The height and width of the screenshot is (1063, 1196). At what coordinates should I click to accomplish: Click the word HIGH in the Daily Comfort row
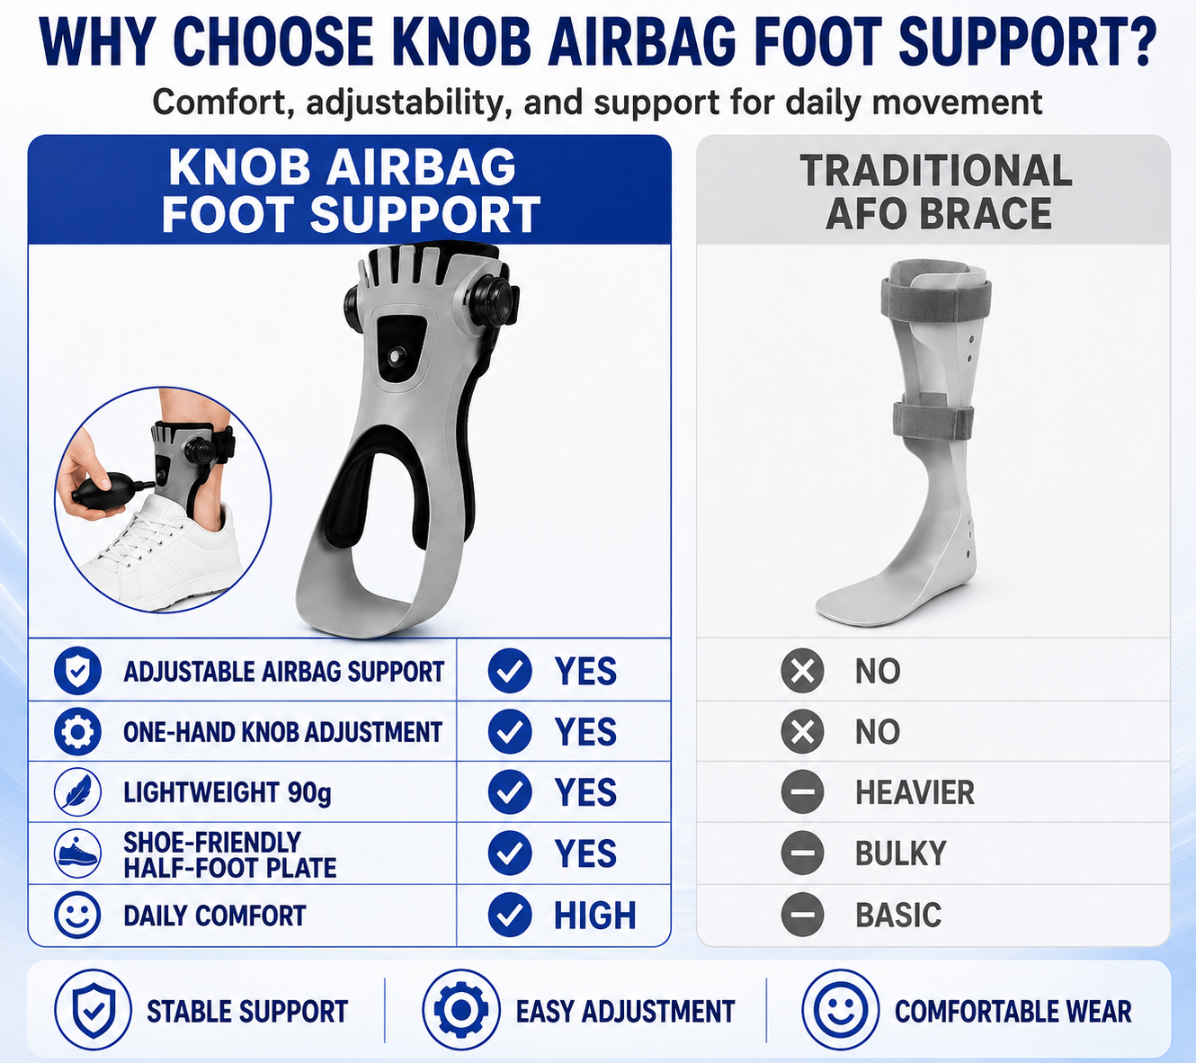[x=595, y=916]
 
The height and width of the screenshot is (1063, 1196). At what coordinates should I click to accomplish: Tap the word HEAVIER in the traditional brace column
[x=915, y=792]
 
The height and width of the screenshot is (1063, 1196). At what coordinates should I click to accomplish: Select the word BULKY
[x=901, y=853]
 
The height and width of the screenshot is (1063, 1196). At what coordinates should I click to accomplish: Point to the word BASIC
[x=898, y=916]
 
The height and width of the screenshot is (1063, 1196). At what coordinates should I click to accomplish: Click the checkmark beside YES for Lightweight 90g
[x=510, y=792]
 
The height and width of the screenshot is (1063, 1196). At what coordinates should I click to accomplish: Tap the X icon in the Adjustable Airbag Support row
[x=802, y=671]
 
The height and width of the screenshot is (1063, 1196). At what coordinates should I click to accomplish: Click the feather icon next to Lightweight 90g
[x=77, y=792]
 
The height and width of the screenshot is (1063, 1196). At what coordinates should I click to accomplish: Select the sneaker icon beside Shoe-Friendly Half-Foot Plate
[x=77, y=853]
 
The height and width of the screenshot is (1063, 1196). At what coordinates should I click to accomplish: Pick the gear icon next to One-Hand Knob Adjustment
[x=77, y=732]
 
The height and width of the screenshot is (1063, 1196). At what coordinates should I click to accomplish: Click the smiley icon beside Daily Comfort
[x=77, y=916]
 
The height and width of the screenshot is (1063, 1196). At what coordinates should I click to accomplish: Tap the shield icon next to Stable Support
[x=94, y=1011]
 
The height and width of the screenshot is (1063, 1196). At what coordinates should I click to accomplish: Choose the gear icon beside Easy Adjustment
[x=461, y=1011]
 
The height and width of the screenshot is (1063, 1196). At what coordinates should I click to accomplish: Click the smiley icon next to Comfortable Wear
[x=841, y=1011]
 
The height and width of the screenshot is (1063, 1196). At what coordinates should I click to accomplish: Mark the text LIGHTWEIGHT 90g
[x=228, y=792]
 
